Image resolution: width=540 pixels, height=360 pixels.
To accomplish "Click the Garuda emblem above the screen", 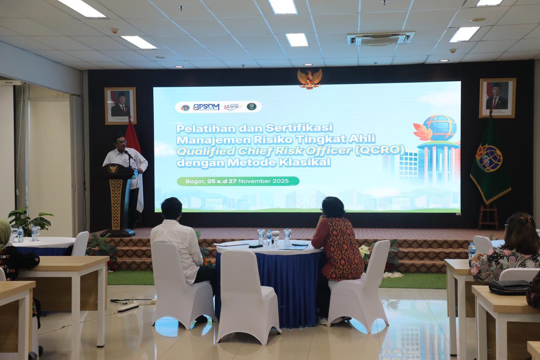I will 310,78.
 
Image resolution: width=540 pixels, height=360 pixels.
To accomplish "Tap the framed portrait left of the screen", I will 120,105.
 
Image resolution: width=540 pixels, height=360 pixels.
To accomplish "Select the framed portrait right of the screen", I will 497,98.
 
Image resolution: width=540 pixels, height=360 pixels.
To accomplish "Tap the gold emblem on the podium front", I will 113,169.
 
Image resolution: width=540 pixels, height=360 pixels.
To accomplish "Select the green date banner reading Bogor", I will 238,181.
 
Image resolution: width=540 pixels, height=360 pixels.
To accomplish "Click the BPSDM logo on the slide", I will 206,107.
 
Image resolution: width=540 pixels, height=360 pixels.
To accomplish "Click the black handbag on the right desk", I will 508,287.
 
